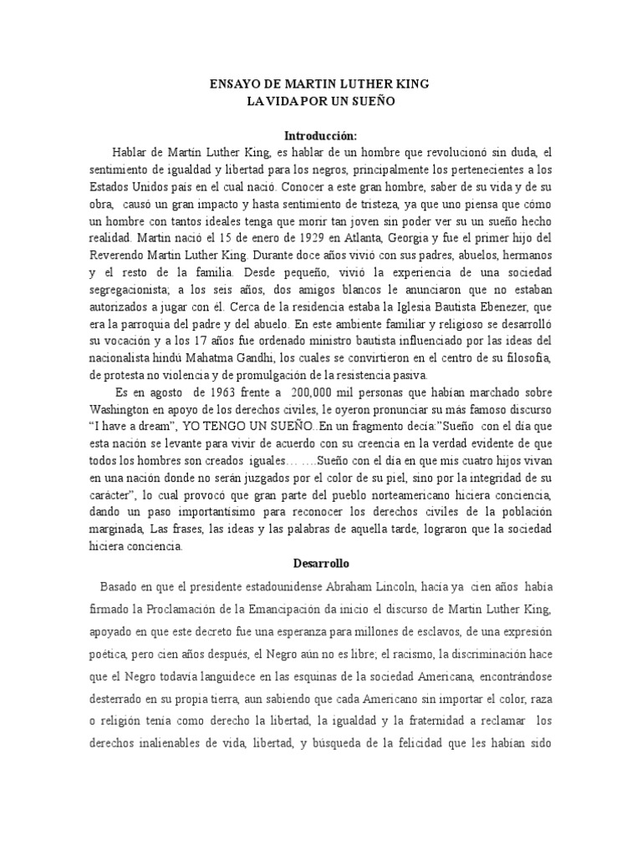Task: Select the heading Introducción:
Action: [320, 136]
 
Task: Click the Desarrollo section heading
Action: [320, 564]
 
